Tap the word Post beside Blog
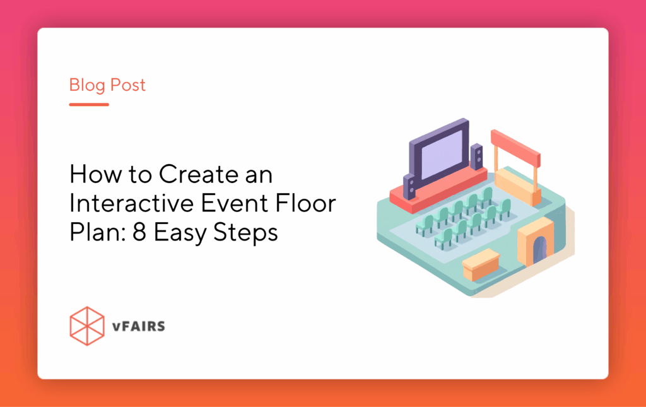(x=127, y=85)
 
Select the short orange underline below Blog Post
(x=89, y=104)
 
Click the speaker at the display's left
(x=411, y=185)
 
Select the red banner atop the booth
(x=515, y=145)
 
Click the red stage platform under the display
(x=435, y=189)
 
